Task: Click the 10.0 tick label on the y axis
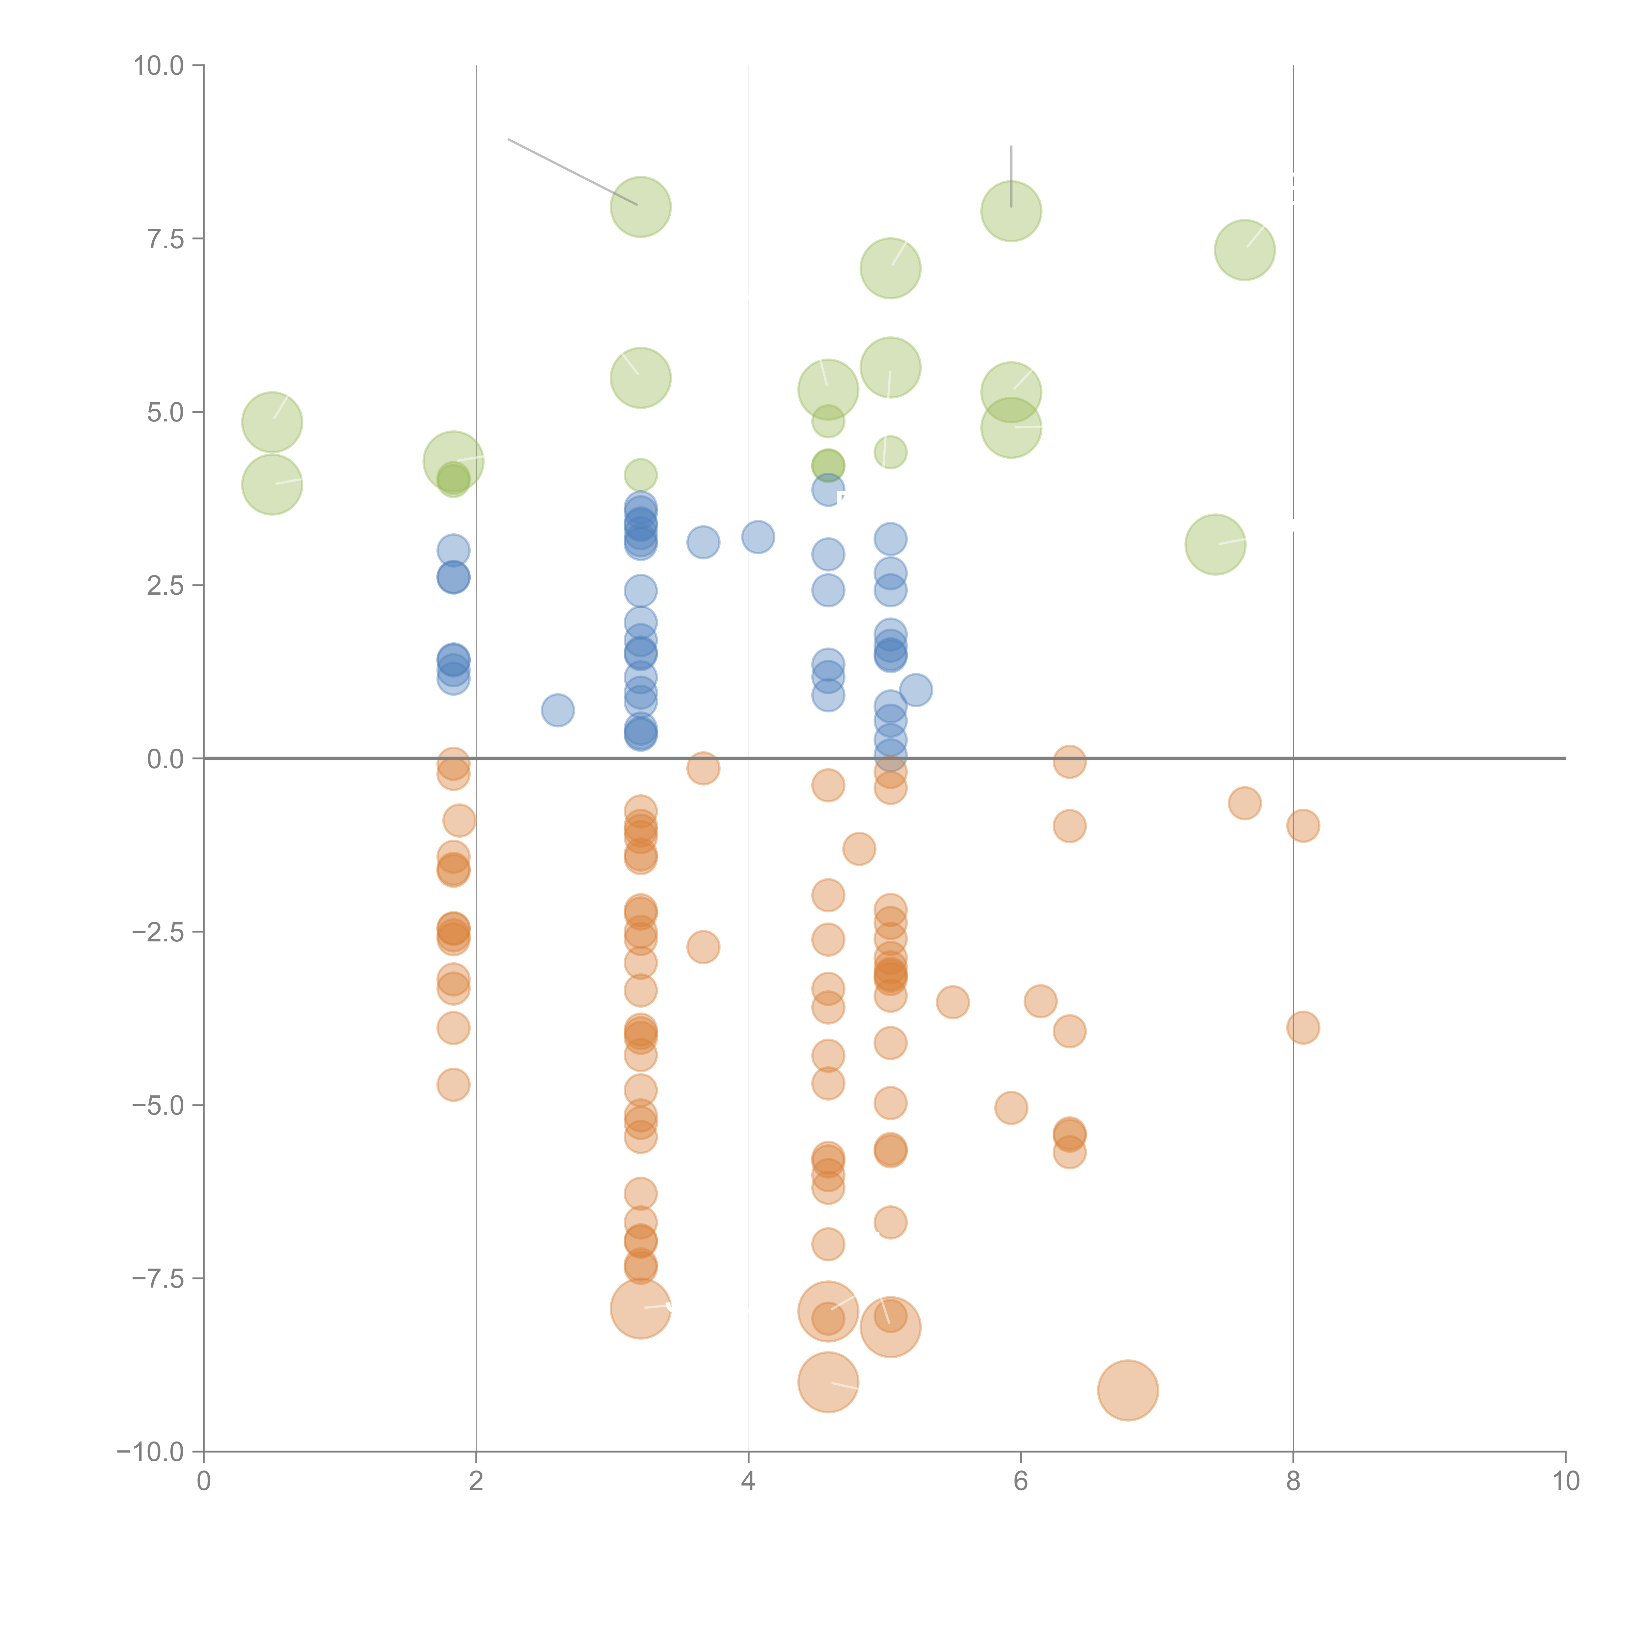pos(159,66)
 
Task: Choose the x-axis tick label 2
pos(476,1481)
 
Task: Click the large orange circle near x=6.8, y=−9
pos(1128,1390)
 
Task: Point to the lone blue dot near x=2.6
pos(557,710)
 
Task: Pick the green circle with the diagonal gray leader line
pos(641,207)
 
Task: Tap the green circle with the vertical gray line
pos(1011,211)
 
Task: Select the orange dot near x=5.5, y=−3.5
pos(952,1002)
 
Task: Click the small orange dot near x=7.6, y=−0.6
pos(1244,803)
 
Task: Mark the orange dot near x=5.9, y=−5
pos(1011,1107)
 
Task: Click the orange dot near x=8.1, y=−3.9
pos(1303,1028)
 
